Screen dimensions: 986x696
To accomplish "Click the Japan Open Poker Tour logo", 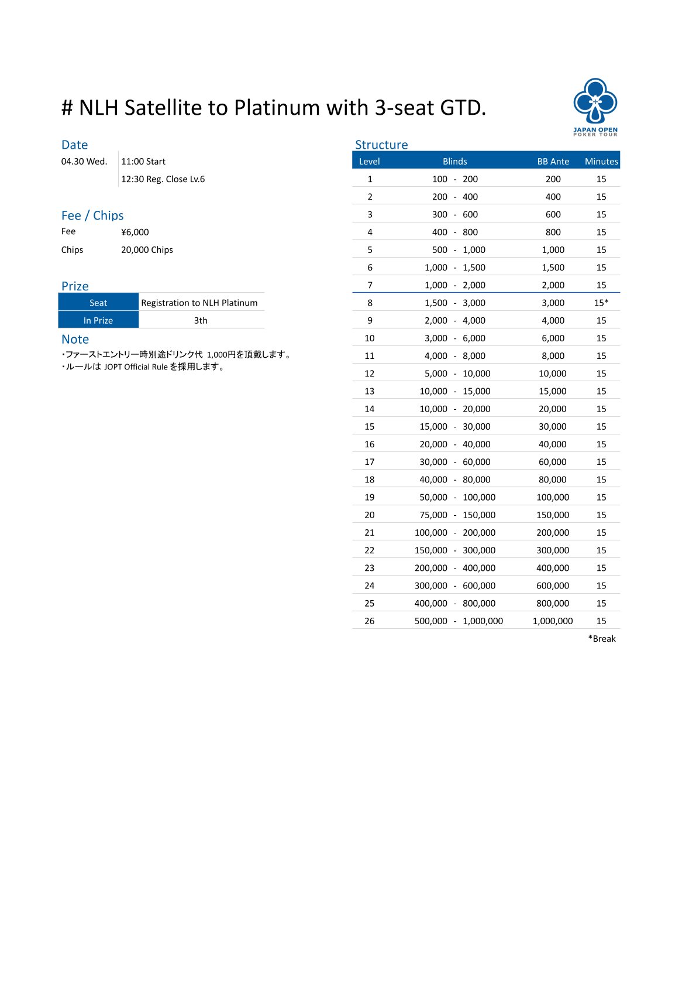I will [595, 107].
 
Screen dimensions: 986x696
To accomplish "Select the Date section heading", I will [74, 145].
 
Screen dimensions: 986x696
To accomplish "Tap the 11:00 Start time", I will [143, 162].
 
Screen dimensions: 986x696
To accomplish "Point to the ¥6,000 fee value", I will [135, 232].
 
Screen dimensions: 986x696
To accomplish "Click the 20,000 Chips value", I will [147, 250].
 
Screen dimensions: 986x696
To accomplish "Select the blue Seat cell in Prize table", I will [98, 303].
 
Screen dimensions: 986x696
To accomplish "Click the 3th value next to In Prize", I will [201, 321].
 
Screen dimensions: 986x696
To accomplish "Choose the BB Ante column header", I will [553, 162].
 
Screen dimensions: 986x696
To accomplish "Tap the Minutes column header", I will [601, 162].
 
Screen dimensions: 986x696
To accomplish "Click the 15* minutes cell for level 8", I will [601, 303].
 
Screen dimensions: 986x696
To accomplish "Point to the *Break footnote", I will [602, 639].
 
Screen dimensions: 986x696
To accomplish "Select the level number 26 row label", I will [370, 621].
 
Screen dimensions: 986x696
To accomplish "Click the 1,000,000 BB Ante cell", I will [553, 621].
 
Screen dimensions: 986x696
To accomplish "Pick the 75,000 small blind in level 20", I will [433, 515].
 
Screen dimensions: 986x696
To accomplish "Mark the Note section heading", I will [75, 340].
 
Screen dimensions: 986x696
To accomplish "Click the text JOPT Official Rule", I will [136, 367].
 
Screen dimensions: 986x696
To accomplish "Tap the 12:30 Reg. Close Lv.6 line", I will [163, 179].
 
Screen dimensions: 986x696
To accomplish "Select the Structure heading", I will [381, 145].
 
